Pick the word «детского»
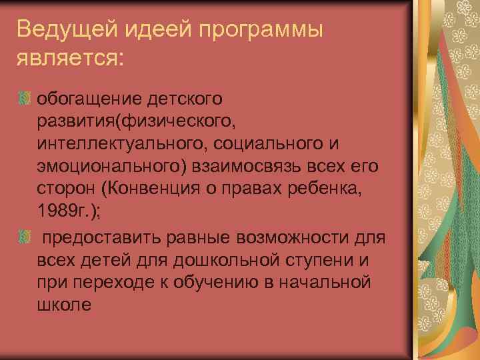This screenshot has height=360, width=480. click(x=191, y=99)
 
